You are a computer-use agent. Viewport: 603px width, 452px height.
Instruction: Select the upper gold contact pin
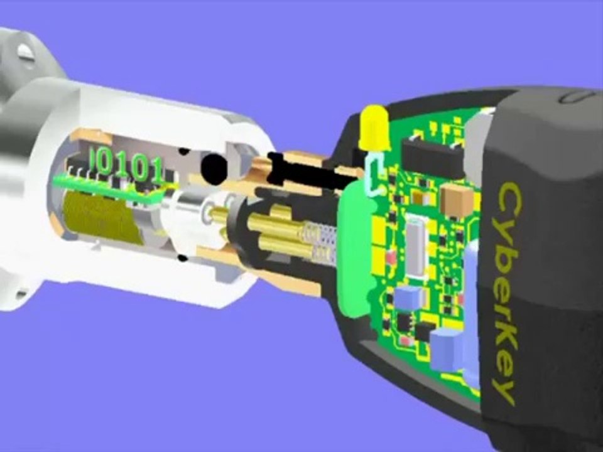click(277, 229)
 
